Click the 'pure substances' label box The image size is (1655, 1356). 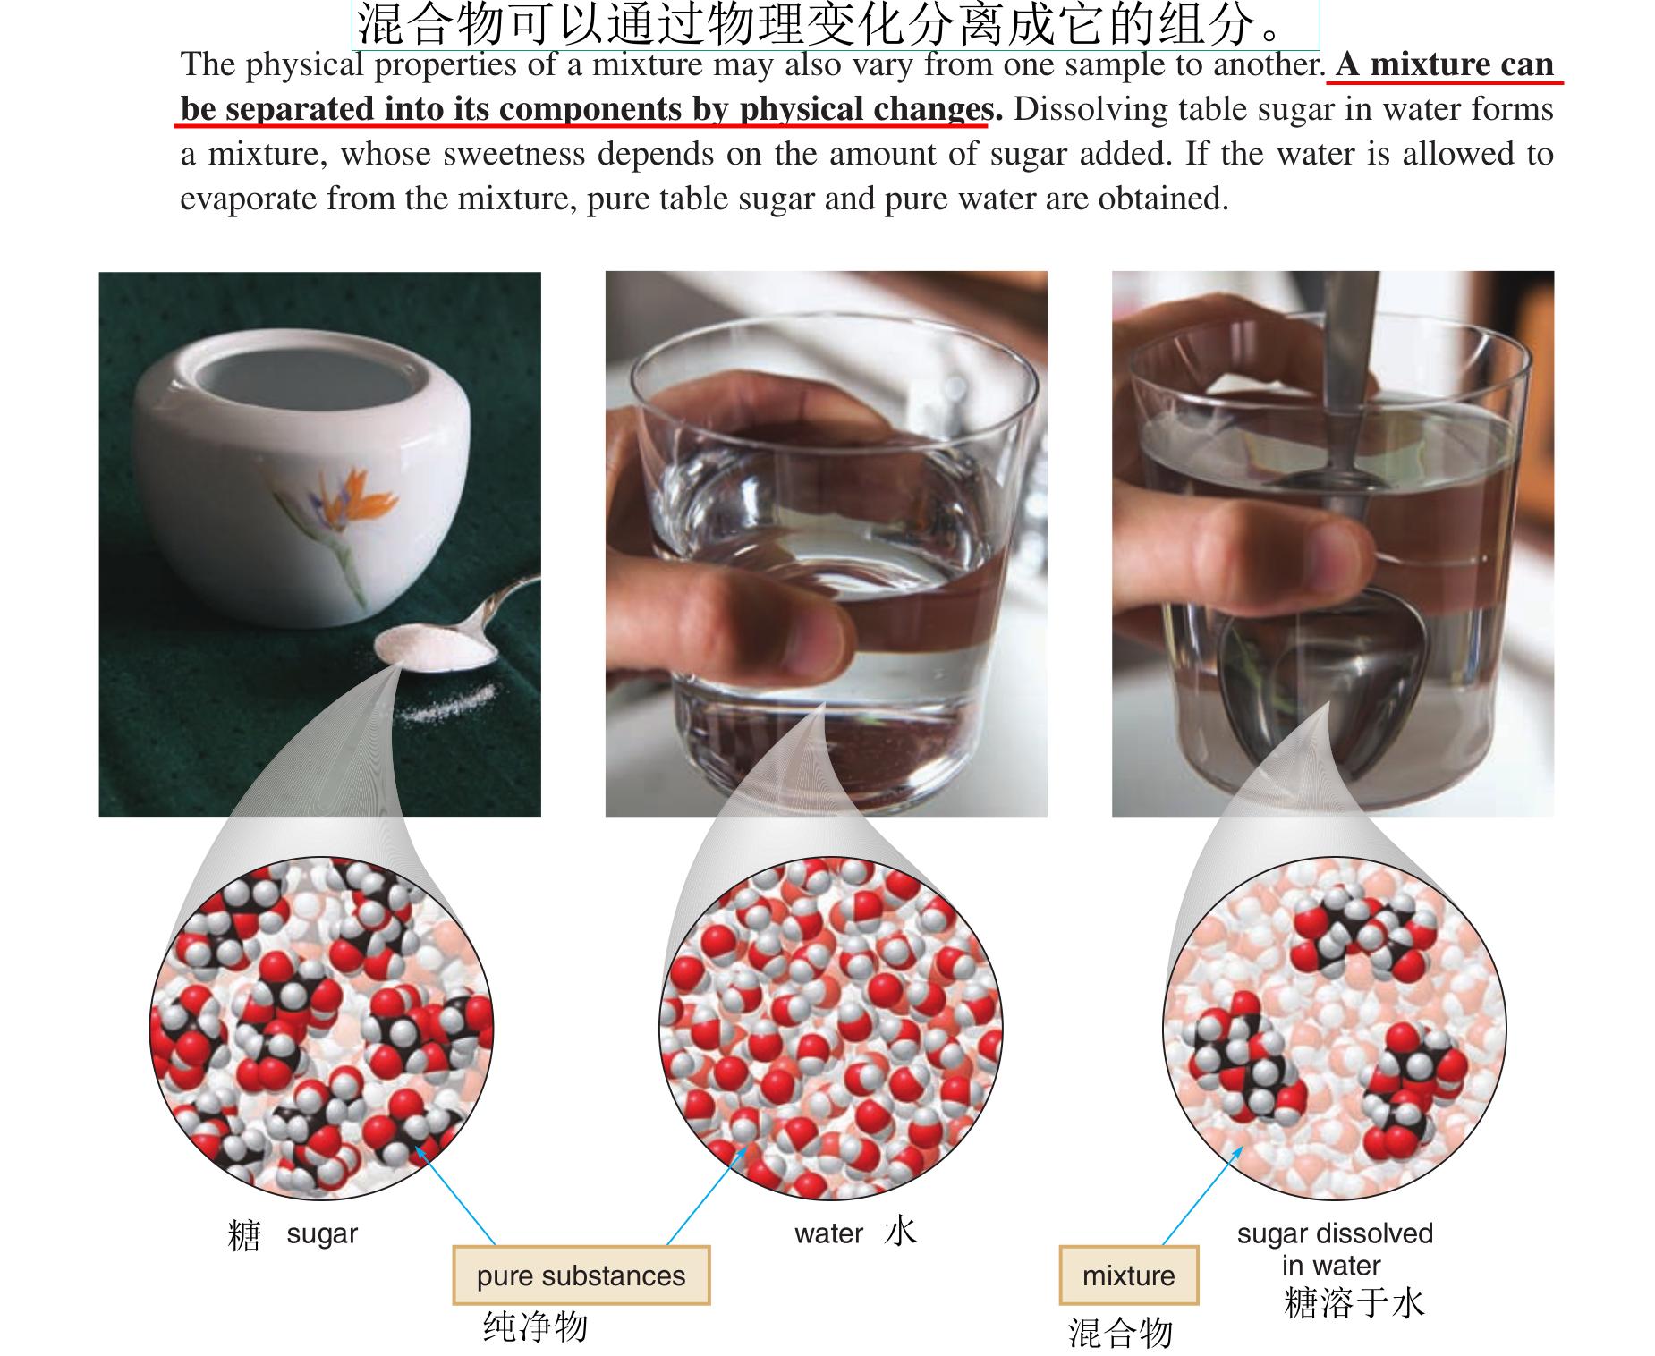point(581,1275)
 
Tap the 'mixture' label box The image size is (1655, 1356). point(1128,1275)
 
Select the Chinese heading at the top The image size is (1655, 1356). point(836,24)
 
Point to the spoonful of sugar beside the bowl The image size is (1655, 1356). point(435,648)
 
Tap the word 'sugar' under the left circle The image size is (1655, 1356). point(322,1233)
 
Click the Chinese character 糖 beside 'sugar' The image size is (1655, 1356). point(244,1235)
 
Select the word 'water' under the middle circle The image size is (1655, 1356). point(828,1233)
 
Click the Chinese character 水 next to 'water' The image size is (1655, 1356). point(900,1232)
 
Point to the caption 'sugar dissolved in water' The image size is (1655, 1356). point(1335,1250)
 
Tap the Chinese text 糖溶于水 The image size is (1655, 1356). point(1354,1302)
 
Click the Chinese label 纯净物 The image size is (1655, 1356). point(535,1326)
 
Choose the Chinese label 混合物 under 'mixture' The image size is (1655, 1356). point(1120,1333)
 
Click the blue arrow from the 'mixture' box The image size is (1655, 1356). point(1202,1195)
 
